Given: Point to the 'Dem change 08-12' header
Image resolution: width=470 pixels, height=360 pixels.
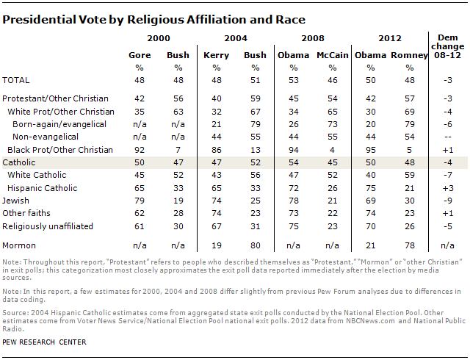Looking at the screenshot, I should pos(447,46).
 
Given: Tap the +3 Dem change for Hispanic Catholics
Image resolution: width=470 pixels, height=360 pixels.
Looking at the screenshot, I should pos(447,187).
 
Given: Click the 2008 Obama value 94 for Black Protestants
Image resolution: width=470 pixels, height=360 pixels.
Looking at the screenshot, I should pos(293,149).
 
